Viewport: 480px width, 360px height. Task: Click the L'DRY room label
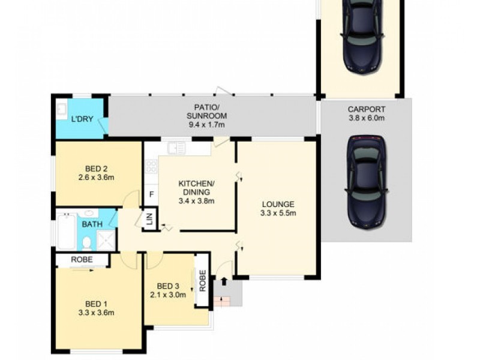point(82,119)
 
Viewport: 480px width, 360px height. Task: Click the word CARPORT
point(367,109)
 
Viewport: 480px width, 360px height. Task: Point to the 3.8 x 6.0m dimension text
point(367,118)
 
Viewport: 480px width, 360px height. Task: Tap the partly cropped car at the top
point(362,35)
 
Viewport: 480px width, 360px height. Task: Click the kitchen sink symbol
point(176,147)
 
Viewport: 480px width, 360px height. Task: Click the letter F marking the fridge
point(152,194)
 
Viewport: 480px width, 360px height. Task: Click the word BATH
point(92,224)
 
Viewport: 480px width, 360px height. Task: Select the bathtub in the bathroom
point(66,232)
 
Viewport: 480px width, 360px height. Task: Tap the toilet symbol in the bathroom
point(86,242)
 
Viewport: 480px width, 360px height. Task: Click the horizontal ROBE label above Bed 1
point(82,260)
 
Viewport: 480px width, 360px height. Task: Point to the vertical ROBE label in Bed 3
point(203,280)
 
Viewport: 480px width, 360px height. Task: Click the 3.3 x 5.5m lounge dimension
point(278,213)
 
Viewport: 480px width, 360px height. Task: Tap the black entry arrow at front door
point(224,281)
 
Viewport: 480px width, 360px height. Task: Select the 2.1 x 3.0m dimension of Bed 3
point(168,294)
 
